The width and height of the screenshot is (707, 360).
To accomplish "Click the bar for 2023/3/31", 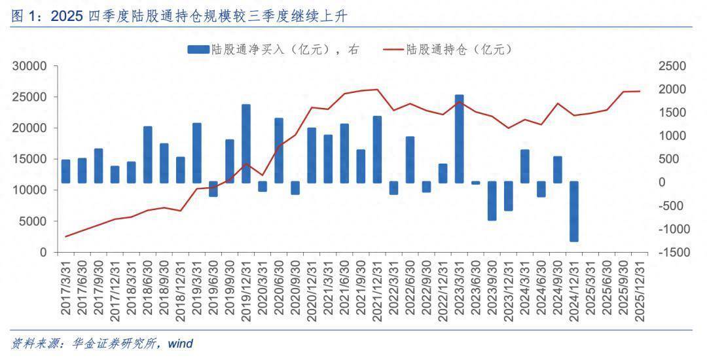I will (x=460, y=139).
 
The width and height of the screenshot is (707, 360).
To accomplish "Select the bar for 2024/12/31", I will (x=574, y=211).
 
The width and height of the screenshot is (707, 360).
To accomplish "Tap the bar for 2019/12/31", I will (x=246, y=143).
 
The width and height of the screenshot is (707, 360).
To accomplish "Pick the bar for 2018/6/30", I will (x=148, y=154).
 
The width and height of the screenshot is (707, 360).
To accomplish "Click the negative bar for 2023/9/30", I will (x=492, y=201).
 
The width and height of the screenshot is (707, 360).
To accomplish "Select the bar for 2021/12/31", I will (x=378, y=149).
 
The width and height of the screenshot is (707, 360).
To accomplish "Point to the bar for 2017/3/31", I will (x=65, y=171).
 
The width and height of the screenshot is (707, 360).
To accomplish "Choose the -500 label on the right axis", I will (x=672, y=206).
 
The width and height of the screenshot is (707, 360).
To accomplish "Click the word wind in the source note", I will (x=180, y=343).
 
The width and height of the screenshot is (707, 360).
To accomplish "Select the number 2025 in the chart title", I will (x=65, y=17).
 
